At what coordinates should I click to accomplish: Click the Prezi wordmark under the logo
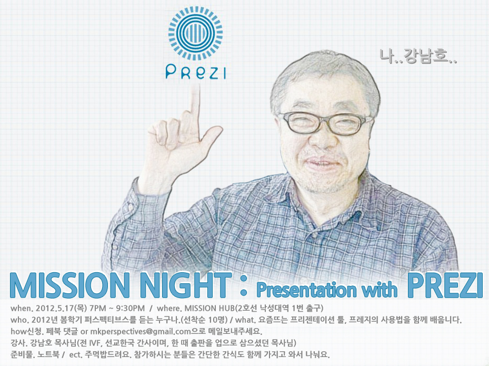pyautogui.click(x=195, y=72)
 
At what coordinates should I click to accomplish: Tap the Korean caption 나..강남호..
pyautogui.click(x=418, y=56)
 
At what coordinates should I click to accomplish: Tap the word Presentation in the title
pyautogui.click(x=306, y=290)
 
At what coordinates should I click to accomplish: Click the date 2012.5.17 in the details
pyautogui.click(x=55, y=308)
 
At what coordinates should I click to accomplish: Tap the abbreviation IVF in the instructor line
pyautogui.click(x=94, y=343)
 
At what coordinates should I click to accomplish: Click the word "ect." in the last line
pyautogui.click(x=75, y=355)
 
